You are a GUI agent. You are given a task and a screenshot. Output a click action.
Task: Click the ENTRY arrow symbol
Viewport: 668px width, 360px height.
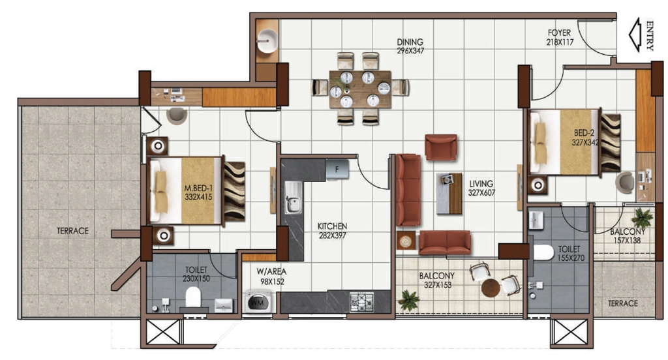[x=635, y=35]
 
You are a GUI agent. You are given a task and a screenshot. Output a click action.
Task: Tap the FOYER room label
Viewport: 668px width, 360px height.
[x=559, y=33]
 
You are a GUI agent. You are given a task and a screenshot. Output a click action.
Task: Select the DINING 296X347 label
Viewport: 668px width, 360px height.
[x=410, y=46]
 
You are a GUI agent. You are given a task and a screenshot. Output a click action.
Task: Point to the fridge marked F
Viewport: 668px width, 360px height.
[x=337, y=169]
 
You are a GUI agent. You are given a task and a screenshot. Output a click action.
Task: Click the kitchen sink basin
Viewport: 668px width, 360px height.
[x=293, y=198]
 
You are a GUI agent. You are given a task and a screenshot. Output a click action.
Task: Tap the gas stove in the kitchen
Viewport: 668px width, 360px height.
[x=361, y=301]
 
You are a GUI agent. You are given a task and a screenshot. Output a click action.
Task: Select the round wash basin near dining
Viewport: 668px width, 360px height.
[x=267, y=41]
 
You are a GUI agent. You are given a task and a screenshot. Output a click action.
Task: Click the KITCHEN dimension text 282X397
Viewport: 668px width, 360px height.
[x=332, y=235]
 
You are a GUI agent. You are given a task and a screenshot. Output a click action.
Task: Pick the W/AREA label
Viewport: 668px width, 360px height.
[x=271, y=271]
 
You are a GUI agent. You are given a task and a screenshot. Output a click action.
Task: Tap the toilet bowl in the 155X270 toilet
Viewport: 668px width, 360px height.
[x=543, y=252]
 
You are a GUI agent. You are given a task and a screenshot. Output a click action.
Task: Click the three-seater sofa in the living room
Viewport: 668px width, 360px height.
[x=408, y=190]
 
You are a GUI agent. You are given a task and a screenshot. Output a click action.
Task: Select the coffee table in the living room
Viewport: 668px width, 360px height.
[x=449, y=194]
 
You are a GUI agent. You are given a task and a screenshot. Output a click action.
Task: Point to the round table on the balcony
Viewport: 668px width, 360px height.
[x=491, y=288]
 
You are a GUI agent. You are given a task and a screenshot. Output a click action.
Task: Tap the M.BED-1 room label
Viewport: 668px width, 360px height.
[x=198, y=188]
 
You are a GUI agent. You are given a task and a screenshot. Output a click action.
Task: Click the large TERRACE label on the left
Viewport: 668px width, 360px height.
[x=73, y=231]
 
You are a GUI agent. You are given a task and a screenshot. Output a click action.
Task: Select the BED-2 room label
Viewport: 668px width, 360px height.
[x=584, y=133]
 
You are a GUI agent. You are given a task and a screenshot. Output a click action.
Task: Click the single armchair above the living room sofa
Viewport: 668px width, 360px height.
[x=442, y=147]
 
